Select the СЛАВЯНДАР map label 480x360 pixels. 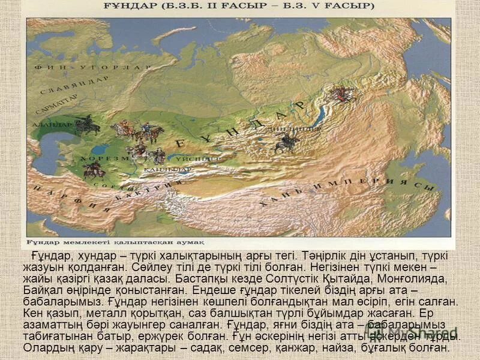click(76, 86)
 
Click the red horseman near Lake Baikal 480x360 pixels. click(343, 93)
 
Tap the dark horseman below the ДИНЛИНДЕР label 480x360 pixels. click(286, 143)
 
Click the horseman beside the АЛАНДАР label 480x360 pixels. click(88, 125)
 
